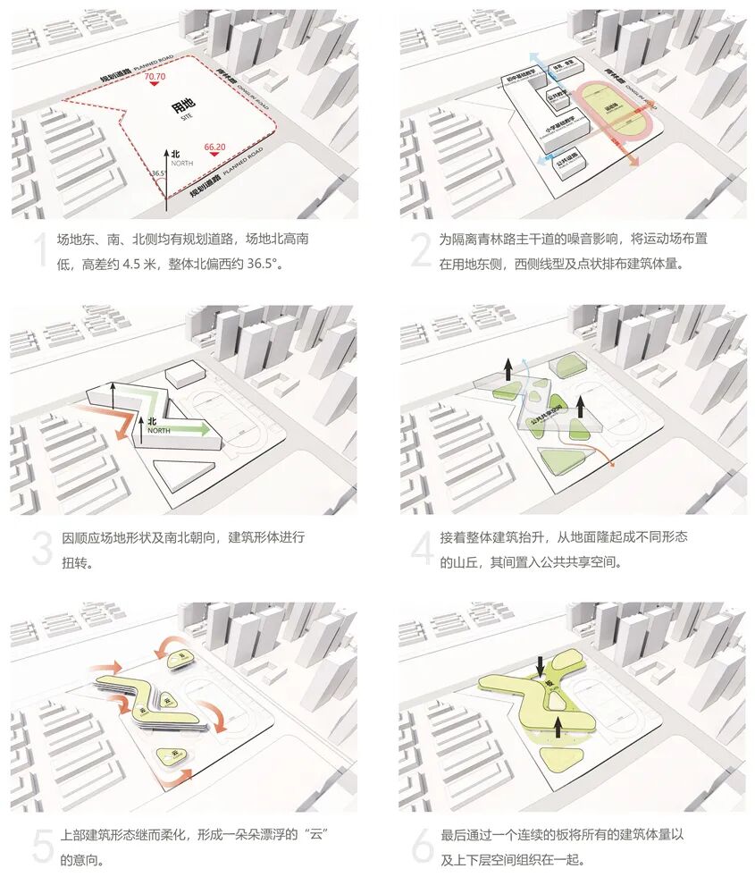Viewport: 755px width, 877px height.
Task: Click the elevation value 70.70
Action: pyautogui.click(x=155, y=79)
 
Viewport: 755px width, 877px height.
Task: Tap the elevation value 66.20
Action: pyautogui.click(x=214, y=146)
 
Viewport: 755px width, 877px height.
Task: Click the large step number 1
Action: pyautogui.click(x=38, y=252)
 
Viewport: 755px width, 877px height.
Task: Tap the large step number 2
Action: pyautogui.click(x=421, y=252)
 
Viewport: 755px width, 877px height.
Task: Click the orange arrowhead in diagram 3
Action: pyautogui.click(x=118, y=435)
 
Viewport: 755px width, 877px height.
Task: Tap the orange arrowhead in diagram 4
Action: pyautogui.click(x=611, y=463)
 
